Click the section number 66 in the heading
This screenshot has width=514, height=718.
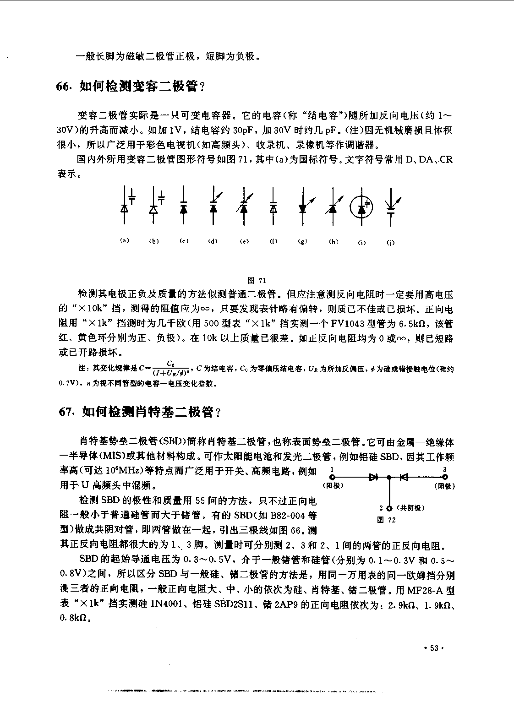click(x=64, y=87)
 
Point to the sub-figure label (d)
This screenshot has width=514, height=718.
click(x=213, y=241)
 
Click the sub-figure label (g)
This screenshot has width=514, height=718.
click(x=302, y=241)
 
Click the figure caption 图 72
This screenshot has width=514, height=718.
click(x=386, y=520)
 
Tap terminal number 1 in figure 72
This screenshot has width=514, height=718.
click(x=332, y=469)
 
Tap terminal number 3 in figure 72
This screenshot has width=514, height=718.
click(x=444, y=469)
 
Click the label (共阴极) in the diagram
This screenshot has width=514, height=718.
click(x=411, y=508)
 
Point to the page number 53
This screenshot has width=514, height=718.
click(x=434, y=648)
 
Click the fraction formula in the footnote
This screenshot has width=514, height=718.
click(x=170, y=367)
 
